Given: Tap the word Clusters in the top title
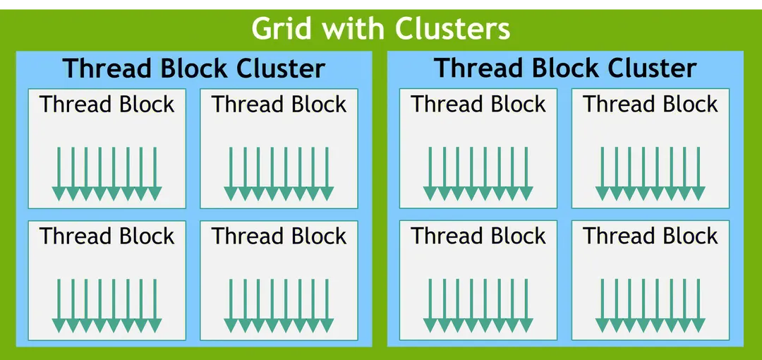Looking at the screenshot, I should [452, 30].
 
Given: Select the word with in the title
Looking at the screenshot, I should [353, 30].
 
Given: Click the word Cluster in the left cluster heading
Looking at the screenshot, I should [281, 68].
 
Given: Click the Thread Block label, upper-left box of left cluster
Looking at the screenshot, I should [107, 104].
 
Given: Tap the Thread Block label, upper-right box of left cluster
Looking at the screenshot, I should [279, 104].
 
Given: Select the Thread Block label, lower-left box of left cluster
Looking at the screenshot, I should [107, 236].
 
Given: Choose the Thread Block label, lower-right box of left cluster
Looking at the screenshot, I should [279, 236].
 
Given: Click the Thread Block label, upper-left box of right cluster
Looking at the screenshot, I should [478, 104].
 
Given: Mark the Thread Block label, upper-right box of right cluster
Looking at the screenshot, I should [651, 104].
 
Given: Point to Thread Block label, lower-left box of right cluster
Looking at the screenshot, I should [478, 236].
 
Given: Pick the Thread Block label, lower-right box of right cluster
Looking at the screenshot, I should [651, 236].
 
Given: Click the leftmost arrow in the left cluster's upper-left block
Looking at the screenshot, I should [59, 174].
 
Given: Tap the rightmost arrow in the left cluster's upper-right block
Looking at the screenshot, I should [327, 174].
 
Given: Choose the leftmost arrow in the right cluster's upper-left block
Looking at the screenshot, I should [430, 174].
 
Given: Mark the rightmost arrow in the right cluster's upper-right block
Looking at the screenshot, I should [698, 174].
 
